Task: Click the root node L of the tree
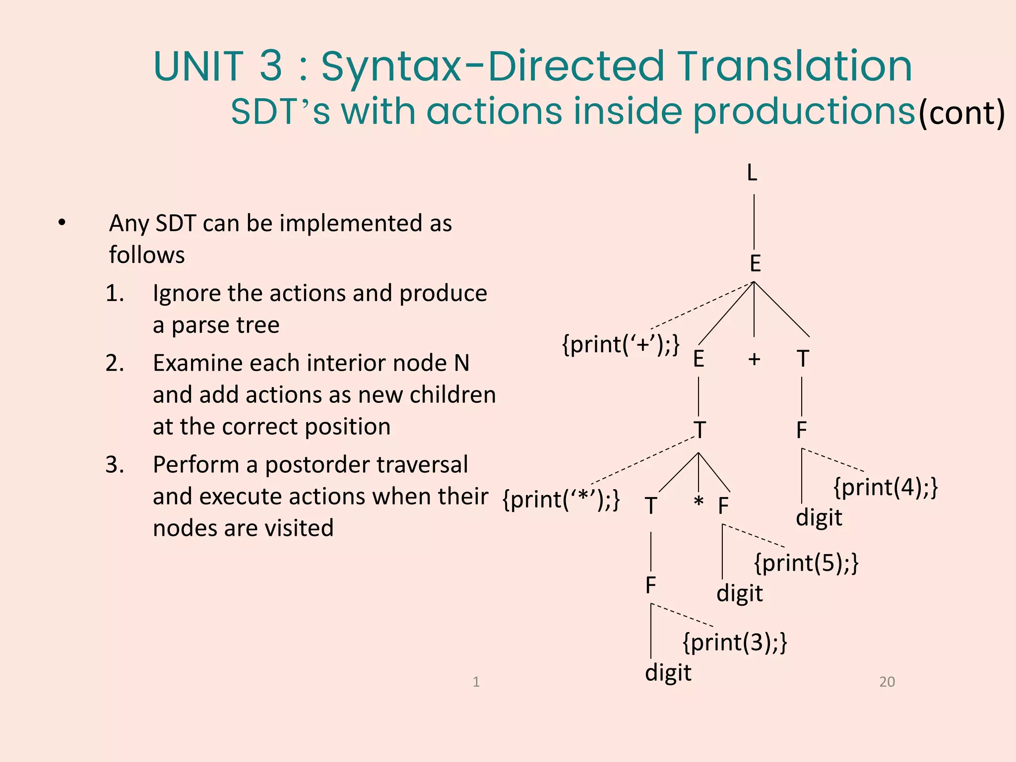(752, 173)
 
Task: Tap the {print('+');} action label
(621, 344)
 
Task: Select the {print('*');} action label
(561, 499)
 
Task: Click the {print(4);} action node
(886, 487)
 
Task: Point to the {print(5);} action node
(806, 563)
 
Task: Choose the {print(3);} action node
(735, 642)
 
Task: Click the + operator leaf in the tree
(754, 359)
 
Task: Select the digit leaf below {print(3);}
(668, 673)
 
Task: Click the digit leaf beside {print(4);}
(819, 518)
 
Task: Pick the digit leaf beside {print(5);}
(739, 593)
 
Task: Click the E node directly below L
(755, 263)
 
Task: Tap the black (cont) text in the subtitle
(961, 114)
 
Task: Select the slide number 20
(887, 682)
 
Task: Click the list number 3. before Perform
(115, 465)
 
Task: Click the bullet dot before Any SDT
(62, 223)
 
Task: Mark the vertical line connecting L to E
(754, 221)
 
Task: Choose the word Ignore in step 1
(186, 293)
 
